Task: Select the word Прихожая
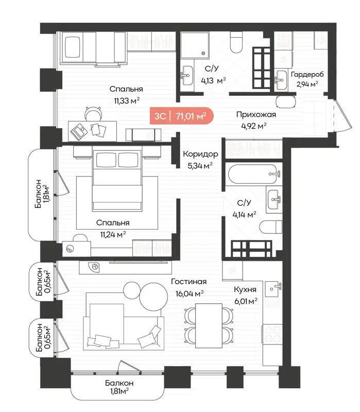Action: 256,115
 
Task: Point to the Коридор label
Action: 200,154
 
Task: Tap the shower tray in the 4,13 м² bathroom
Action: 195,45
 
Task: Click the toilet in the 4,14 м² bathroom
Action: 271,227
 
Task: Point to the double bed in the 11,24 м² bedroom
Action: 117,180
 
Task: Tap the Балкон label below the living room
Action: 119,383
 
